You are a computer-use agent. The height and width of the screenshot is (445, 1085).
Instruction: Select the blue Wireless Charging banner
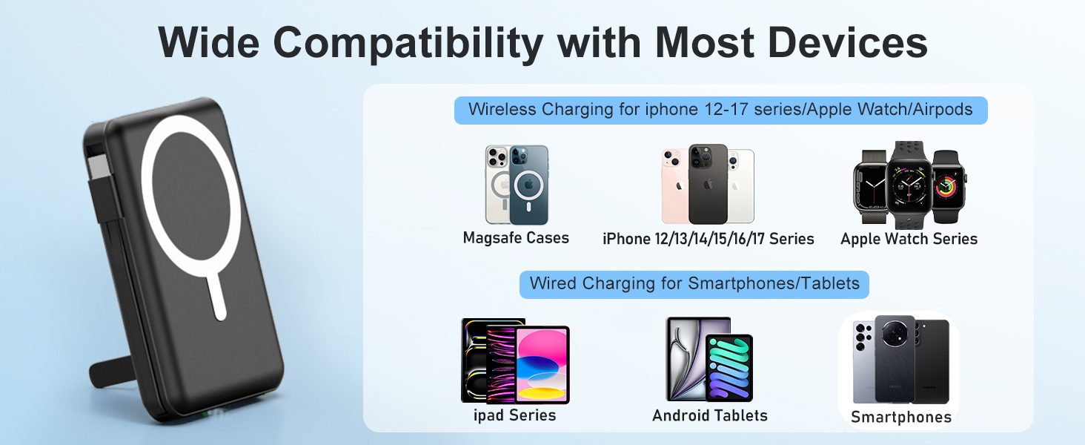tap(720, 110)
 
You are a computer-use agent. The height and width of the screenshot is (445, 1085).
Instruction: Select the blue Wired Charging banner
tap(694, 283)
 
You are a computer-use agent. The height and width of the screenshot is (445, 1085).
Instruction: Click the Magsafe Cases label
tap(516, 238)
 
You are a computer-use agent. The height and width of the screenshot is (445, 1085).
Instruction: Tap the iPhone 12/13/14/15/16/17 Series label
tap(708, 239)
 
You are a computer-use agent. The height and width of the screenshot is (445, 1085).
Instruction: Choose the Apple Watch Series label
tap(909, 239)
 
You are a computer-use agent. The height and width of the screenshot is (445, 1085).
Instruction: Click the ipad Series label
tap(514, 415)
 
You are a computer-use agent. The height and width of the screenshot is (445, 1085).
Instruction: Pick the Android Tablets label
tap(709, 415)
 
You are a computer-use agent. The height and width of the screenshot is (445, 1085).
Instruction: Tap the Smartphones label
tap(900, 417)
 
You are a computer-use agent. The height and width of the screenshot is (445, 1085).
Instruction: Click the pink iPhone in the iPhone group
tap(674, 189)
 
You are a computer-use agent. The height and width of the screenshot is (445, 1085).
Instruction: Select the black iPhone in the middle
tap(708, 185)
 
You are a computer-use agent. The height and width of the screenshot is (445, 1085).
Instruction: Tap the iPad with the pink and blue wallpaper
tap(542, 365)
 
